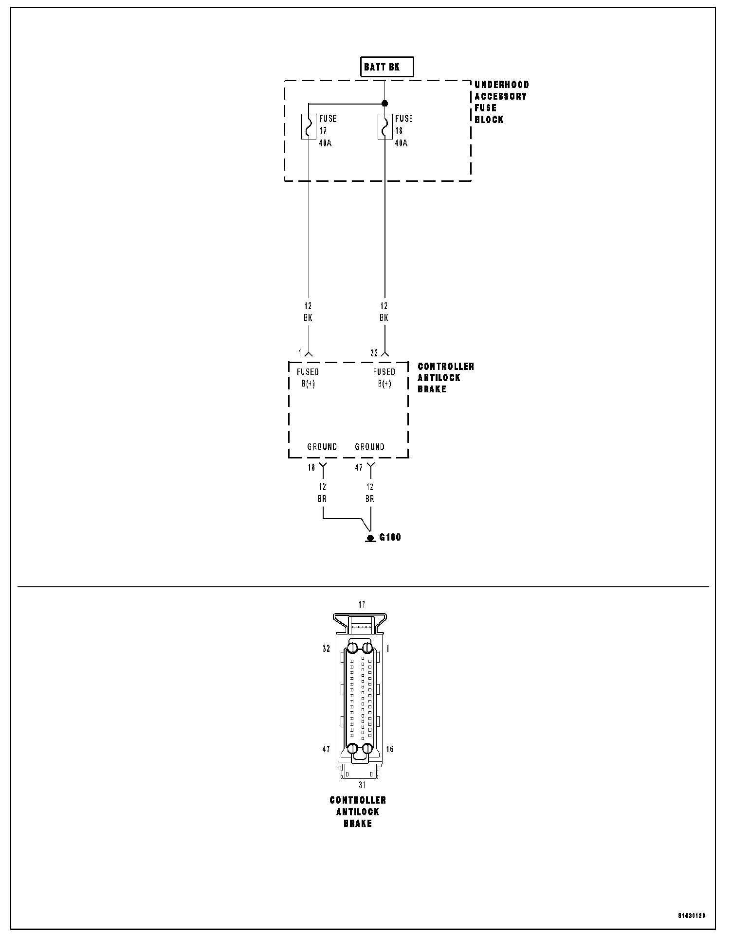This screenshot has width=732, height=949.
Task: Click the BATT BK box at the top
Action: (386, 67)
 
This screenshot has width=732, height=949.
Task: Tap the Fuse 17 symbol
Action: (309, 127)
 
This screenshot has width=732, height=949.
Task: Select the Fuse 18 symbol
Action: (385, 127)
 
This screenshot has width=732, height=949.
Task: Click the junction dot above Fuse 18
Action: (385, 103)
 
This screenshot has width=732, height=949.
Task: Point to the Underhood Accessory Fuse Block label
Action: (501, 102)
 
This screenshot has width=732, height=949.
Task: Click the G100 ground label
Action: (390, 537)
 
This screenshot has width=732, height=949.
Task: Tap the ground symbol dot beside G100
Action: (370, 538)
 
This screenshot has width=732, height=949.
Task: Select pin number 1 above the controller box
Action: (301, 353)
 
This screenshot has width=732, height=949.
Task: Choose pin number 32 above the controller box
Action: (374, 353)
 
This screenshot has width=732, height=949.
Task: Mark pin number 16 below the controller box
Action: (311, 468)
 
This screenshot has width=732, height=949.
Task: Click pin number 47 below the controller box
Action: (359, 468)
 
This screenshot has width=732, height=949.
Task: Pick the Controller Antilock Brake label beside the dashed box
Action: (445, 378)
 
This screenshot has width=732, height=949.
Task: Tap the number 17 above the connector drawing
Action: (362, 605)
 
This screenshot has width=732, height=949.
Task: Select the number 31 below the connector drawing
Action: (362, 785)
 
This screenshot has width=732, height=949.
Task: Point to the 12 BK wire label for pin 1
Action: (308, 312)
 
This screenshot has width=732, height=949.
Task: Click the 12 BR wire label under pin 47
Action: (370, 492)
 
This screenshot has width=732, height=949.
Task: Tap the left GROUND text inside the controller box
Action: (322, 447)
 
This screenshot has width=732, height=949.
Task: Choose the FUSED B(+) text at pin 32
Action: (384, 378)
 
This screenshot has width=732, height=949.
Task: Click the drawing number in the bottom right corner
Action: (691, 916)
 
